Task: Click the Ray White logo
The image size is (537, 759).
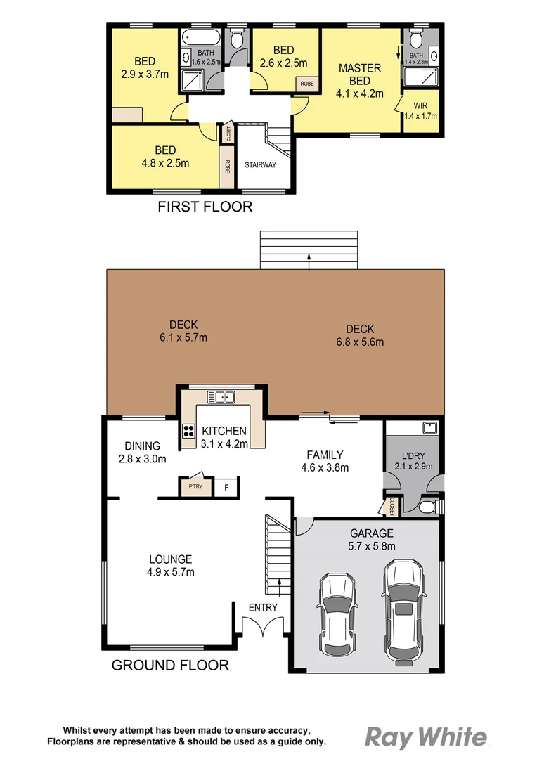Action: [x=425, y=737]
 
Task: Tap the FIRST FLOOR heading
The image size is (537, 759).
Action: [x=205, y=207]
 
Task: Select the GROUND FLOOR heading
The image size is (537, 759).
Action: [x=170, y=665]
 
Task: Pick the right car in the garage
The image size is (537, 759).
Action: [x=403, y=611]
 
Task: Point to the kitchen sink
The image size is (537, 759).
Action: [x=224, y=397]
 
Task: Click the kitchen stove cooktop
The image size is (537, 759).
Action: [x=188, y=431]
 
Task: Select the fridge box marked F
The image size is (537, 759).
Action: [x=226, y=486]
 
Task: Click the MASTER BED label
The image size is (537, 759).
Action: [x=361, y=81]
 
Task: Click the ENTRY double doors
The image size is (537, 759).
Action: [x=263, y=627]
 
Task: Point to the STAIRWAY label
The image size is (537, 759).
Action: [x=260, y=165]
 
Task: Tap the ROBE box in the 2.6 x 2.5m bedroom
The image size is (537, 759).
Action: [x=307, y=83]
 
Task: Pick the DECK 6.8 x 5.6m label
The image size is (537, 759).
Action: [x=360, y=335]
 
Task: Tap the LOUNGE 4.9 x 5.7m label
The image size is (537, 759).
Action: [x=170, y=565]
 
